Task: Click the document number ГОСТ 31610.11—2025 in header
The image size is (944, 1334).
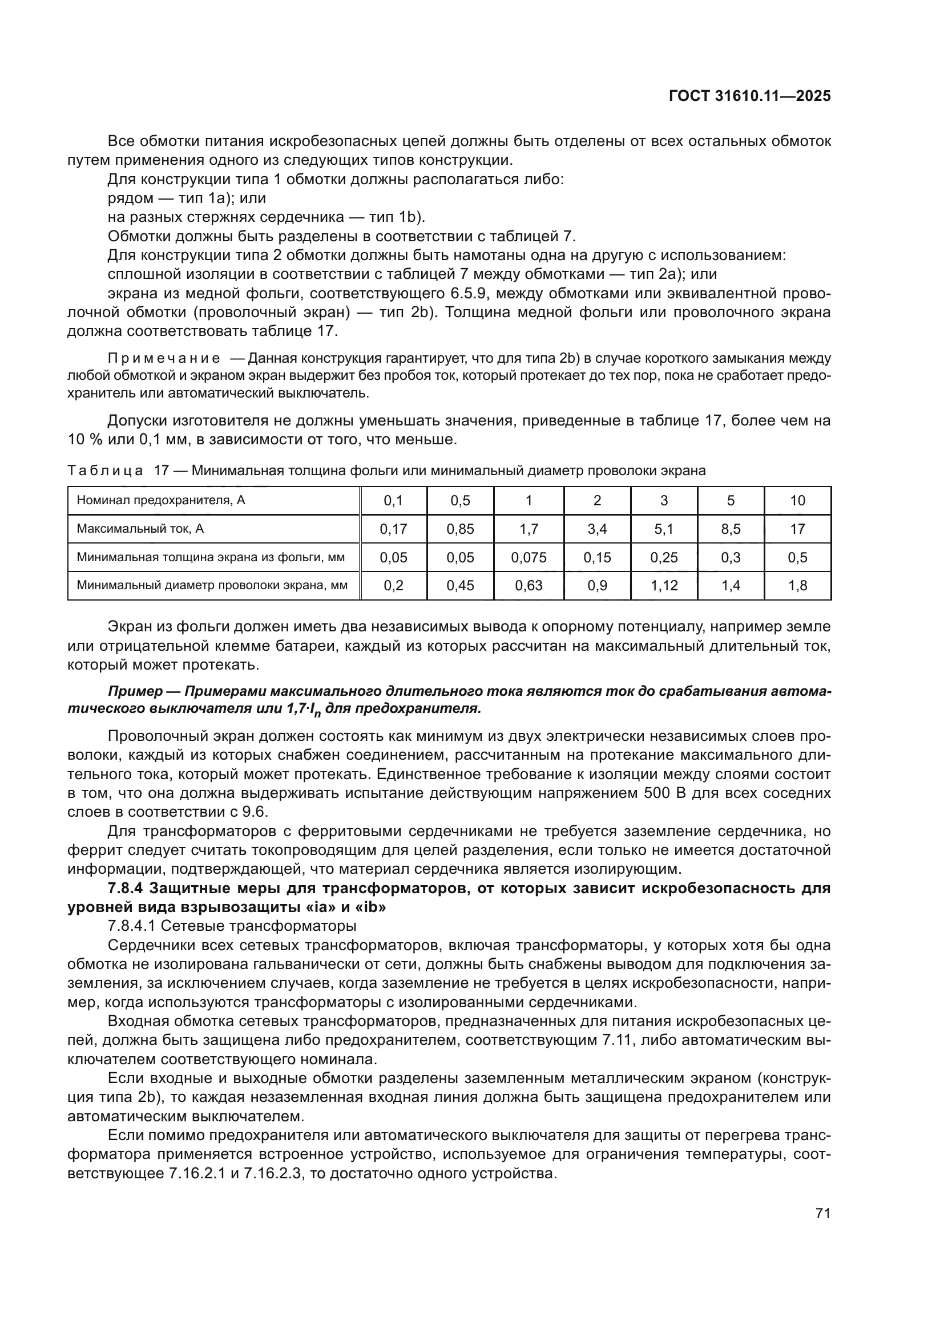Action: point(749,96)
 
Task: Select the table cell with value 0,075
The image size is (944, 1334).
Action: point(529,557)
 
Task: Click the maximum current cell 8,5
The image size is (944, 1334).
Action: point(731,529)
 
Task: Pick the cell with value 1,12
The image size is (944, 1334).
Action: point(664,585)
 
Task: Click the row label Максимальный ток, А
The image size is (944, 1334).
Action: point(140,529)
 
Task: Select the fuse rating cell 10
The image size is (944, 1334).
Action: point(797,500)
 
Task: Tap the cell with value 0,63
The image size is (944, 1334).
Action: point(529,585)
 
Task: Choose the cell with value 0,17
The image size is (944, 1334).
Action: point(394,529)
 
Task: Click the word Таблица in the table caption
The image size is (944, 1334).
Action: point(104,471)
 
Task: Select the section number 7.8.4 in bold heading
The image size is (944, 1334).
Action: point(127,889)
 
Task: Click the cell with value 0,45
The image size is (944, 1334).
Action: point(461,585)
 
